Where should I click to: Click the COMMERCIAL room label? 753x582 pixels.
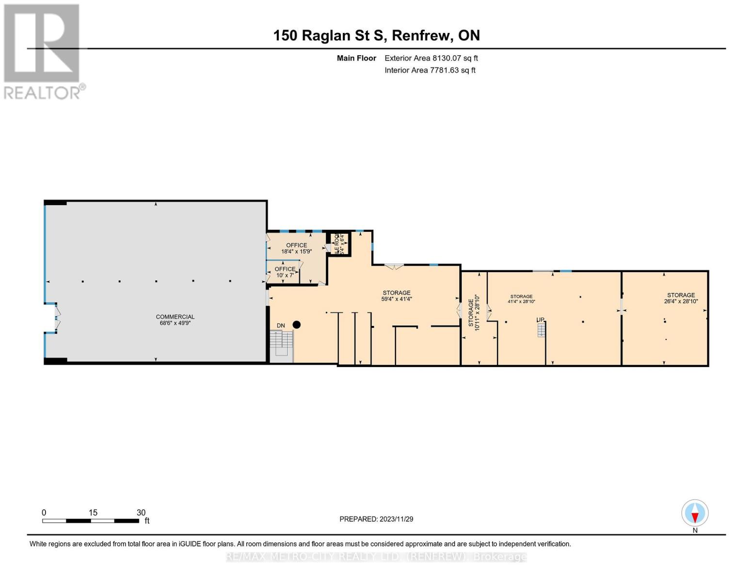tap(175, 317)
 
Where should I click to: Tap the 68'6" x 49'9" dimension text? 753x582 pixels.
tap(175, 323)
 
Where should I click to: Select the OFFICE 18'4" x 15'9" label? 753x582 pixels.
tap(296, 248)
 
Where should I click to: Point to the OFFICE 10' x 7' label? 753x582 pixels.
tap(285, 272)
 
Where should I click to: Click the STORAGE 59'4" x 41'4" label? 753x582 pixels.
tap(397, 296)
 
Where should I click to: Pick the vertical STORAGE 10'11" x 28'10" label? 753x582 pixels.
tap(474, 313)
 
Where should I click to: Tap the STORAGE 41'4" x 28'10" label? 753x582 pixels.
tap(521, 299)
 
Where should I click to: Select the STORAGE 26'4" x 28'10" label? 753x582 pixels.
tap(681, 298)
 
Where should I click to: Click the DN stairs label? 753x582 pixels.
tap(281, 325)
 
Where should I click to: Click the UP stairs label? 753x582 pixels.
tap(540, 320)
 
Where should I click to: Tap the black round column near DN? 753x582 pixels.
tap(297, 324)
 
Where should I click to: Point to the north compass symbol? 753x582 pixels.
tap(695, 513)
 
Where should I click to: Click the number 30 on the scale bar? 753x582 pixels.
tap(141, 513)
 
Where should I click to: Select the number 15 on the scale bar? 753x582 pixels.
tap(93, 513)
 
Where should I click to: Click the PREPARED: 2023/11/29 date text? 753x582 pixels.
tap(376, 519)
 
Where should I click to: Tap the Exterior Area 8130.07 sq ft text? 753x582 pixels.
tap(431, 58)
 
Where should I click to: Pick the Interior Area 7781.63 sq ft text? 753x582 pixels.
tap(430, 70)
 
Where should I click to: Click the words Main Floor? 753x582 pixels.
tap(356, 58)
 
